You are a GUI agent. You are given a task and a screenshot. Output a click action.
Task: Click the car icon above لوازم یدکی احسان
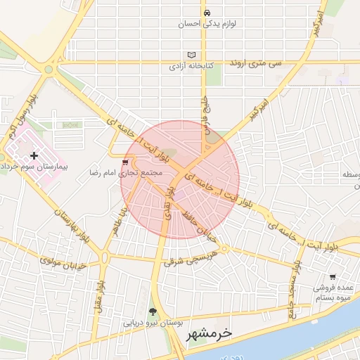pyautogui.click(x=207, y=13)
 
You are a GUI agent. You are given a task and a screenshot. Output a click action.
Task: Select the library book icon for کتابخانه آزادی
pyautogui.click(x=193, y=55)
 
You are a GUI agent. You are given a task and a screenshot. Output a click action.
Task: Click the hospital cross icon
pyautogui.click(x=34, y=155)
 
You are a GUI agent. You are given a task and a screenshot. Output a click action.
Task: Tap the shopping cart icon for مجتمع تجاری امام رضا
pyautogui.click(x=126, y=161)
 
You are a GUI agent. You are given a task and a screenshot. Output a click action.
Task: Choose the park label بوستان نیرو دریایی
pyautogui.click(x=153, y=323)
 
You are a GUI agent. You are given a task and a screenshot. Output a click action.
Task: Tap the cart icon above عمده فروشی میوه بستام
pyautogui.click(x=333, y=276)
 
